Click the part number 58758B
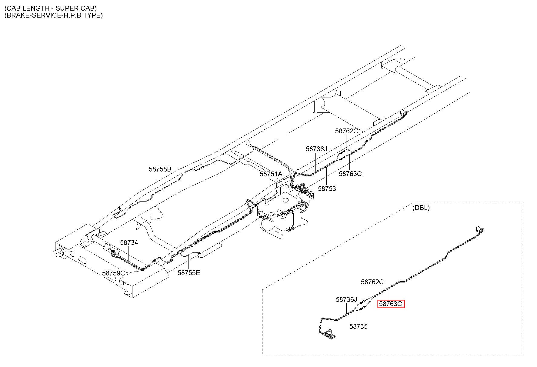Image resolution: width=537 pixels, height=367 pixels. coord(160,169)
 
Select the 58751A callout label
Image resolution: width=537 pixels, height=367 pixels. coord(271,174)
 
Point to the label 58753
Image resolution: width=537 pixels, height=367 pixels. coord(327,189)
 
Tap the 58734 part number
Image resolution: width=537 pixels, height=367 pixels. coord(129,242)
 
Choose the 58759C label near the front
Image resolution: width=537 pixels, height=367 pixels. coord(114,273)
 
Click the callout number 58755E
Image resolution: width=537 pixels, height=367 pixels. coord(189,273)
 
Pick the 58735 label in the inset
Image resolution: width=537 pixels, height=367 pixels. coord(359,326)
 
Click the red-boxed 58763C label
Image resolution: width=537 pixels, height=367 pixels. coord(391,304)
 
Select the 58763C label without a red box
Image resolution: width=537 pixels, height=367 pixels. coord(350,174)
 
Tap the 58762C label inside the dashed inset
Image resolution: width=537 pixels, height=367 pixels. coord(372,282)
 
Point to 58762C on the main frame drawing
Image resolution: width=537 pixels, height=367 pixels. coord(347,131)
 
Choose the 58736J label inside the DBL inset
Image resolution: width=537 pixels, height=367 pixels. coord(347,299)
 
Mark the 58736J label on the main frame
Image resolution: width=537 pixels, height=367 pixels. coord(317,149)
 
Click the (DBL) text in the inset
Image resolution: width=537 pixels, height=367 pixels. coord(421,208)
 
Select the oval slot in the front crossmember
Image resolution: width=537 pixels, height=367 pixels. coord(82,259)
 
